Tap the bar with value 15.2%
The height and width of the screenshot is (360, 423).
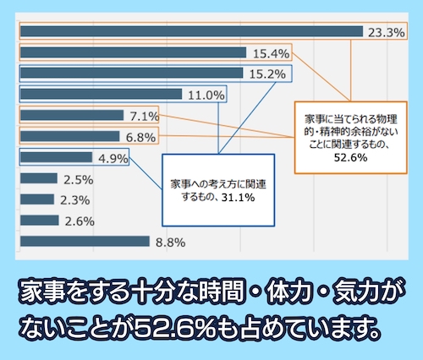click(131, 74)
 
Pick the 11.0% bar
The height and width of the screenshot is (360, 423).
click(101, 94)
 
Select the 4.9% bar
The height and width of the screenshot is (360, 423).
click(56, 157)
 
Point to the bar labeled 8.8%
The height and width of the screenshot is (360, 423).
click(85, 241)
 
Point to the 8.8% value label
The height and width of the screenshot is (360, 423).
click(172, 242)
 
